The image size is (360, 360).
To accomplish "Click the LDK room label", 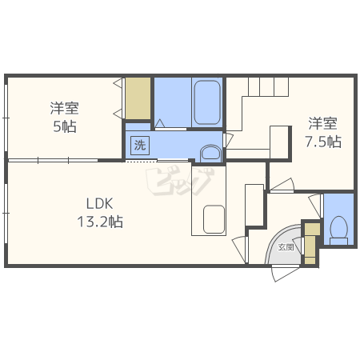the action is pos(99,203).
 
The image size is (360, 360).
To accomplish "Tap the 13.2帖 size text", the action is pos(100,222).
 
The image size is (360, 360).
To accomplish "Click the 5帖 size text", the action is pos(65,126).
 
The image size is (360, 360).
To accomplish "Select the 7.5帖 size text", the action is pos(323,142).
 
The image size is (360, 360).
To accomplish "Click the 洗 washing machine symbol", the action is pos(140,146).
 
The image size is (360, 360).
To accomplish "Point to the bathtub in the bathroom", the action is pos(207,102).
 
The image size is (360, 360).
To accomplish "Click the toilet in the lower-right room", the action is pos(338,230).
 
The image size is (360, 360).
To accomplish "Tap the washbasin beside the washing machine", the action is pos(210,154).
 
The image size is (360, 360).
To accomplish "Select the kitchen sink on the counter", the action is pos(214,219).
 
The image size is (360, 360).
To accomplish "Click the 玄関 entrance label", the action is pos(286,247).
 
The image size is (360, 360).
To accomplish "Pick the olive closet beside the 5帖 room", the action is pos(138,98).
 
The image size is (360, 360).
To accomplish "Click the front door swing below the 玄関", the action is pos(285,273).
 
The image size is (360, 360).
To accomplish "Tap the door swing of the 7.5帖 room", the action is pos(282,185).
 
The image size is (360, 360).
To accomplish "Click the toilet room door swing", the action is pos(316,206).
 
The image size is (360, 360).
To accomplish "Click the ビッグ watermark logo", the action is pos(179,181).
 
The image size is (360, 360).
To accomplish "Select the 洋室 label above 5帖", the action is pos(65,108).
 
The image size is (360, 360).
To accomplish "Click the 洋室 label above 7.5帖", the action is pos(323,123).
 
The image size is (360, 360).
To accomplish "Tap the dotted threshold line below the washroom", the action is pos(141,161).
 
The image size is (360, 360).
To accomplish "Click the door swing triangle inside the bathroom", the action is pos(160,123).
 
